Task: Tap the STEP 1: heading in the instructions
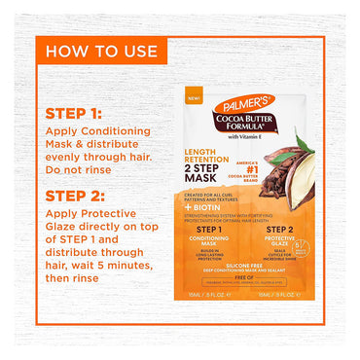(x=73, y=113)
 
